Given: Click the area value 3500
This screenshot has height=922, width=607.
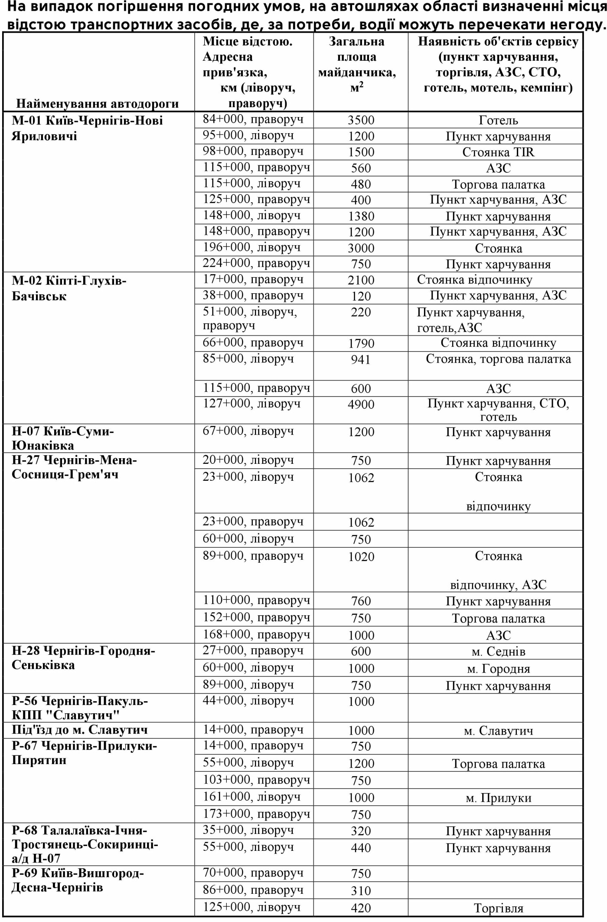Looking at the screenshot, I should click(361, 120).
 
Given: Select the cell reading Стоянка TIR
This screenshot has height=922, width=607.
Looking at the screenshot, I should click(498, 152).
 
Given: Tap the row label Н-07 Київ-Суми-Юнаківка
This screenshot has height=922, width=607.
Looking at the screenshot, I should click(63, 438).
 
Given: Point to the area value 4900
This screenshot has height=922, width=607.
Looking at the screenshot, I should click(361, 404).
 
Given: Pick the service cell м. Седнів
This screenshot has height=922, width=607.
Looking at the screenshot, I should click(498, 651).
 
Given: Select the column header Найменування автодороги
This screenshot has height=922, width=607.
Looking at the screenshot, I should click(98, 104).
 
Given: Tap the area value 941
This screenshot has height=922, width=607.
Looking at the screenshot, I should click(361, 359).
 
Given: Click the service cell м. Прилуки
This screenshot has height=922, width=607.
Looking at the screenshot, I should click(498, 798).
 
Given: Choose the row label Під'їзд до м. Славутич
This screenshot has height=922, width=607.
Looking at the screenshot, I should click(80, 730).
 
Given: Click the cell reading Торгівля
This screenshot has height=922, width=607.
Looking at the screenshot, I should click(498, 908).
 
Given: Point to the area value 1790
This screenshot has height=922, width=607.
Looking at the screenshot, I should click(361, 343).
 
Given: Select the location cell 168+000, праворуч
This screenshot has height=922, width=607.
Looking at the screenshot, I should click(256, 635).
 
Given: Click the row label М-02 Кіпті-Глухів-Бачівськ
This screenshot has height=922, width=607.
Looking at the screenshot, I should click(69, 289).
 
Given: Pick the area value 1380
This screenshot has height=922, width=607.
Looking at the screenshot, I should click(361, 216).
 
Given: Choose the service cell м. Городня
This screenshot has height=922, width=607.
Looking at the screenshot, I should click(498, 669).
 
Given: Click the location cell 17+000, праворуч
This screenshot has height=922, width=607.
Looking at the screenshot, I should click(253, 279).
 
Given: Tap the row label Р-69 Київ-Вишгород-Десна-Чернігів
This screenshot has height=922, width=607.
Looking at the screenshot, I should click(78, 880).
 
